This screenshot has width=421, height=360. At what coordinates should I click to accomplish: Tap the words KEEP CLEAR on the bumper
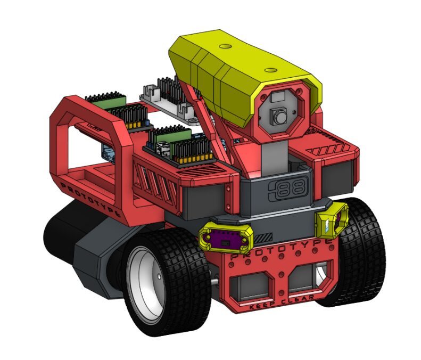click(x=282, y=302)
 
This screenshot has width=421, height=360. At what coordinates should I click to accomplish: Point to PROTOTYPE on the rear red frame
click(x=90, y=199)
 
